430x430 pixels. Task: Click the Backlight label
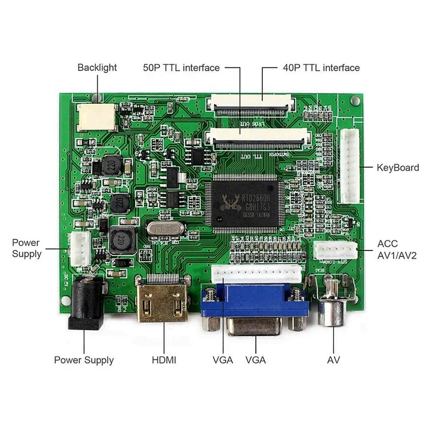[97, 68]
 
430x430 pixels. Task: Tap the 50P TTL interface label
[181, 68]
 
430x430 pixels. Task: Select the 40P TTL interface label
[321, 68]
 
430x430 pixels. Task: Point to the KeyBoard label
[398, 168]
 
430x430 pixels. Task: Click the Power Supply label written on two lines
[27, 248]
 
